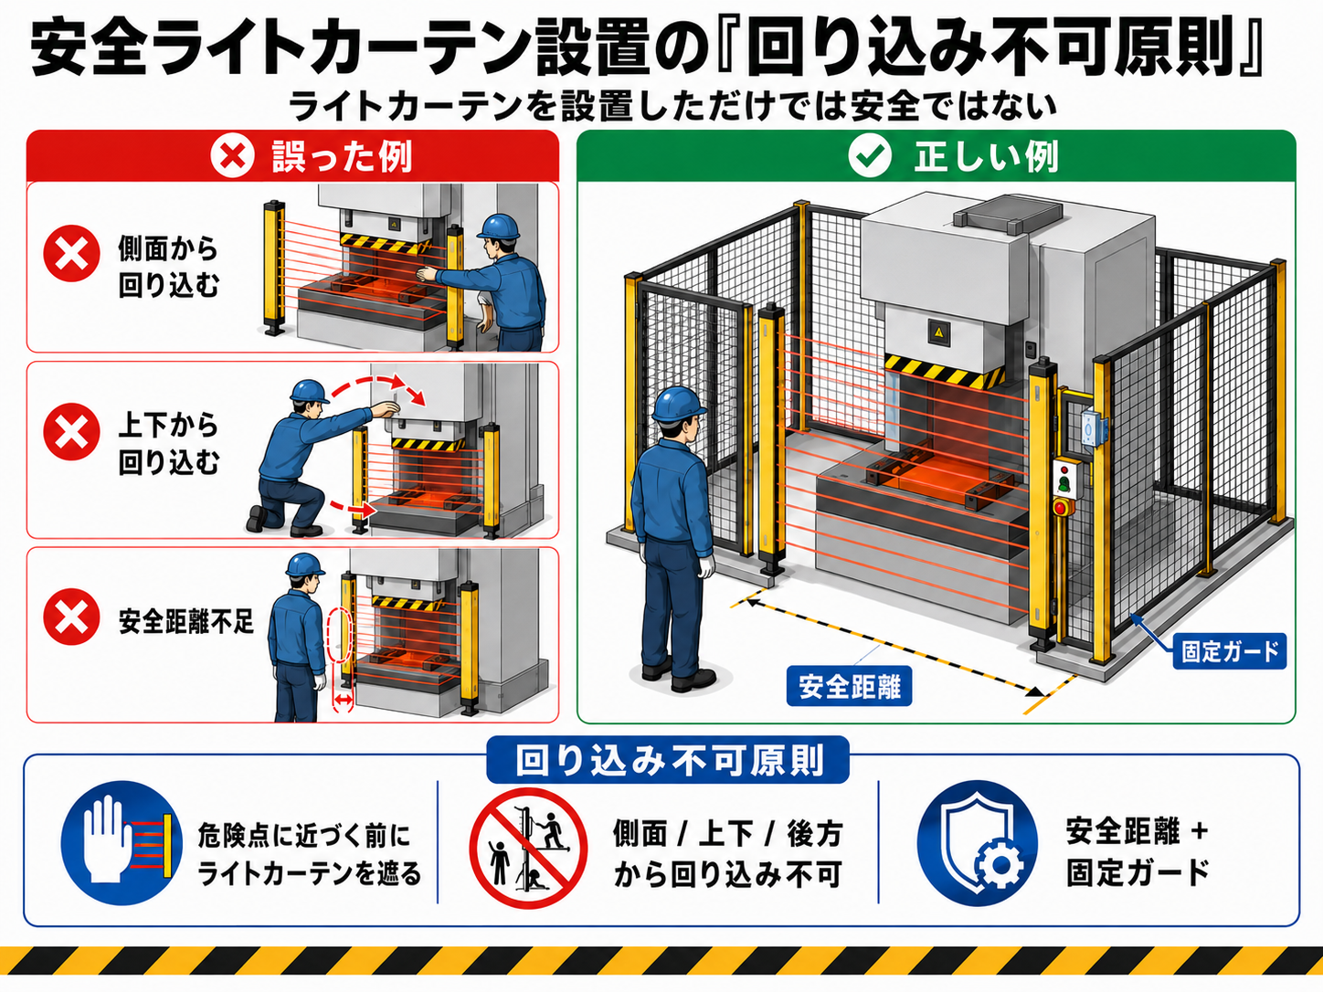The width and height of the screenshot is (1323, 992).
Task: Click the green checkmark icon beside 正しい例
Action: click(870, 156)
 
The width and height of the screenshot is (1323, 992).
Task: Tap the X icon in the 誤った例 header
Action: click(232, 156)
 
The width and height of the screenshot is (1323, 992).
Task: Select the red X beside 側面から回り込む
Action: click(72, 253)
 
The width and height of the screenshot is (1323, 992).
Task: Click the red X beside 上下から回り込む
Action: click(72, 431)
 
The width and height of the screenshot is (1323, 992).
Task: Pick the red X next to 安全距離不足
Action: click(72, 617)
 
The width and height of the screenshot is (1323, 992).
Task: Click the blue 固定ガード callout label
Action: click(1230, 651)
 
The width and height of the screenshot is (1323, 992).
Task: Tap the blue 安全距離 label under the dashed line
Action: click(849, 686)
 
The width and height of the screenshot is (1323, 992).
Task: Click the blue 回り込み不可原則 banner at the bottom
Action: click(668, 761)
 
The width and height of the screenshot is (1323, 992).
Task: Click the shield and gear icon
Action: click(977, 842)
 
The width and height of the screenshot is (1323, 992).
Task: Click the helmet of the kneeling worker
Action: click(309, 391)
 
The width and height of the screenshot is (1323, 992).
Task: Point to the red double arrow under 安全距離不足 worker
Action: click(344, 700)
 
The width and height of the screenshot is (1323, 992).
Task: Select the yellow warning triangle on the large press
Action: click(937, 332)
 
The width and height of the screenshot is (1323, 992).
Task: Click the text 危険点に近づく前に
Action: click(303, 836)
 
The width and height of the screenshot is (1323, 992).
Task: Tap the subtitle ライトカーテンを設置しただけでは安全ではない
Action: click(672, 107)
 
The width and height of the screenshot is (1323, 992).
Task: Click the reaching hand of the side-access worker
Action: click(427, 273)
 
